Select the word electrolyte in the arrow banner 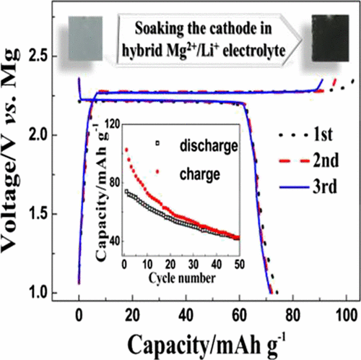pos(240,50)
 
